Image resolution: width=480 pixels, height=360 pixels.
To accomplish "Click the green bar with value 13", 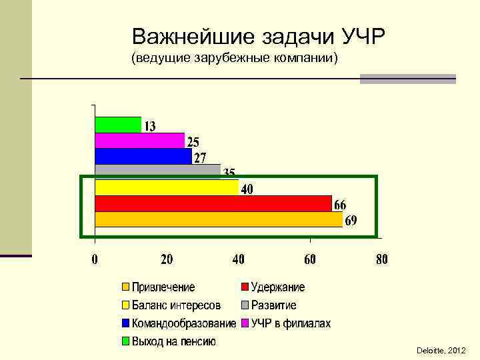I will point(118,125).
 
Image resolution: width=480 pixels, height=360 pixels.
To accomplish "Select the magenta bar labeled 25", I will point(139,140).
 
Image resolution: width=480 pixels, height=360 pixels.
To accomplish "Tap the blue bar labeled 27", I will point(143,156).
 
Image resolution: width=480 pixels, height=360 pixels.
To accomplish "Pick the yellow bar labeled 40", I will point(167,187).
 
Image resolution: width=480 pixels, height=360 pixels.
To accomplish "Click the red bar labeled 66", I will point(213,203).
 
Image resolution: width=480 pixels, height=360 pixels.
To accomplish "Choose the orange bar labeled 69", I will point(219,219).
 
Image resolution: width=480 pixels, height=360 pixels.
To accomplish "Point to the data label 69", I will point(351,221).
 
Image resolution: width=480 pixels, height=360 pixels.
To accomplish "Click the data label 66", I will point(340,205).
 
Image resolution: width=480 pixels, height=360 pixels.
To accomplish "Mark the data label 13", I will point(150,126).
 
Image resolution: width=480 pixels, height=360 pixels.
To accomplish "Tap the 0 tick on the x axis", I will point(95,259).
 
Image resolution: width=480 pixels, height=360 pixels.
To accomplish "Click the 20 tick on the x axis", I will point(167,259).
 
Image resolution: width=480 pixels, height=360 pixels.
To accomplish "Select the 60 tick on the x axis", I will point(310,259).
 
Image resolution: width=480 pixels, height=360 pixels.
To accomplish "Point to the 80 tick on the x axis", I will point(381,259).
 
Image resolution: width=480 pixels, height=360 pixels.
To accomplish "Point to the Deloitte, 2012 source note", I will point(441,350).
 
